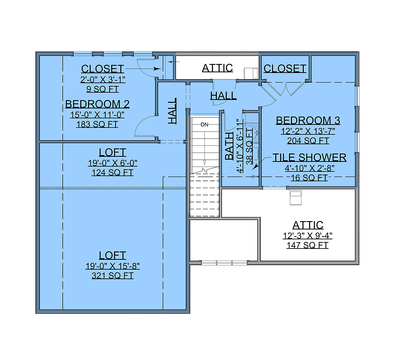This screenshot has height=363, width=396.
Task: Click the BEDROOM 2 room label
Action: (x=97, y=104)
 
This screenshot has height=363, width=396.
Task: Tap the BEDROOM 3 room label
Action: (x=308, y=120)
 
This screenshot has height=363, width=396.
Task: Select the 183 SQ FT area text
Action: (x=97, y=124)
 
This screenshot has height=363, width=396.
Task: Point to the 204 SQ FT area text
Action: (x=308, y=141)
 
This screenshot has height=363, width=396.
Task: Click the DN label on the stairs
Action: (x=204, y=125)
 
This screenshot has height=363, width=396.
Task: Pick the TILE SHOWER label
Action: (x=309, y=158)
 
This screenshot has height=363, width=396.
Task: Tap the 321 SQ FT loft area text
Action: (x=113, y=276)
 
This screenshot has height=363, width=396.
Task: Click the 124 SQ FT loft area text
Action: (x=113, y=173)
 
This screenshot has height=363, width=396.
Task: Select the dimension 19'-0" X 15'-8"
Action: (x=113, y=266)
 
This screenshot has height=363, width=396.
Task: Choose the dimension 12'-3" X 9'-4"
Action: (x=308, y=236)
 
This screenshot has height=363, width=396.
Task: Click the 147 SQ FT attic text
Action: (x=308, y=245)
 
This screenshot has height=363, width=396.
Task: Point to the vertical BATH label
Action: (x=229, y=146)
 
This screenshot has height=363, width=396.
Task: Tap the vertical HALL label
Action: (x=172, y=111)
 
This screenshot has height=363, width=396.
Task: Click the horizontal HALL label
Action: (x=223, y=96)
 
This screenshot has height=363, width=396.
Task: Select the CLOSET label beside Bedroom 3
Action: (x=285, y=69)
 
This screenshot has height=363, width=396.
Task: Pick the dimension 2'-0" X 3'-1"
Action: (x=103, y=80)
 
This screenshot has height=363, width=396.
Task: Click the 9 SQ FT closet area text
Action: (x=103, y=89)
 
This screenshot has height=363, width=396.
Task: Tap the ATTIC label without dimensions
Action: (x=217, y=68)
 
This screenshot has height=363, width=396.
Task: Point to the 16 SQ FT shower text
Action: (x=309, y=178)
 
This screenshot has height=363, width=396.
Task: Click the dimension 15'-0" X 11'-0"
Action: (x=97, y=115)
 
